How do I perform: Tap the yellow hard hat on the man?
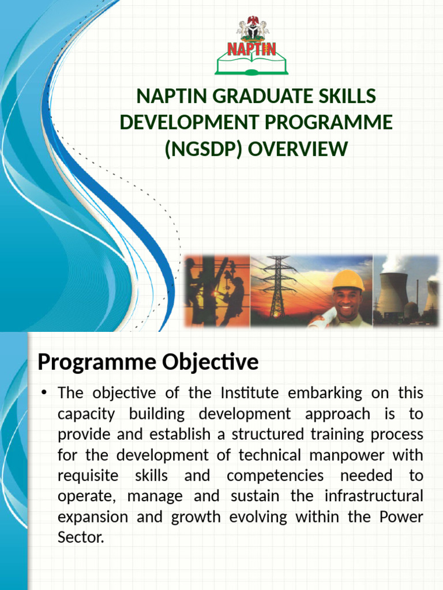[348, 280]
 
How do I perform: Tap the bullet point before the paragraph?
[43, 394]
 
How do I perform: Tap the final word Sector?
[80, 538]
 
